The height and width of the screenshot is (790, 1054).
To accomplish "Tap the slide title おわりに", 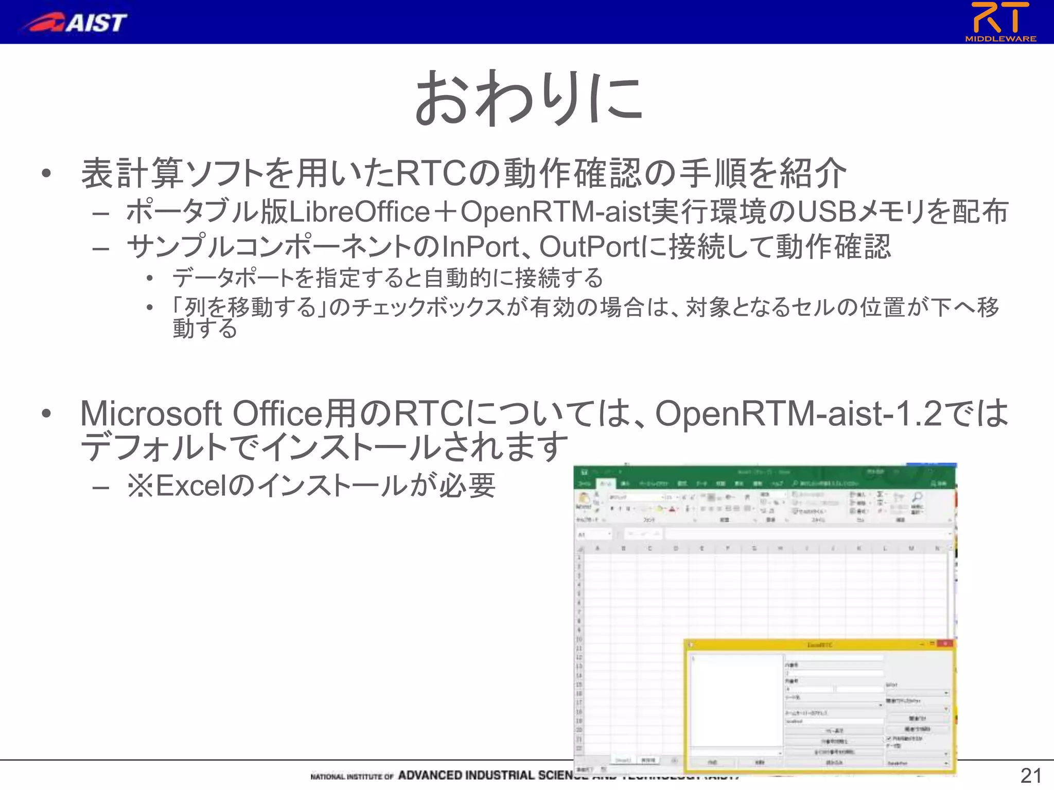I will tap(528, 98).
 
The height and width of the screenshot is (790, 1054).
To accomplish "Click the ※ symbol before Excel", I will tap(140, 486).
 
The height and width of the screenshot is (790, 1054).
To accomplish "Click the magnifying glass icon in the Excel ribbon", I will tap(917, 497).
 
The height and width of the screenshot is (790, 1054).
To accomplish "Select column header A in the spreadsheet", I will tap(598, 549).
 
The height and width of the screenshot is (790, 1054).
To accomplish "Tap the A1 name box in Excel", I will tap(592, 535).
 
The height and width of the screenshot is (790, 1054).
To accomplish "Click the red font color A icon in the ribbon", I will tap(672, 509).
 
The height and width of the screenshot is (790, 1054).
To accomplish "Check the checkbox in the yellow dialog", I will tap(889, 738).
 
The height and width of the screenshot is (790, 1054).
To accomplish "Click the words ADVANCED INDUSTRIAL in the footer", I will tap(466, 776).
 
